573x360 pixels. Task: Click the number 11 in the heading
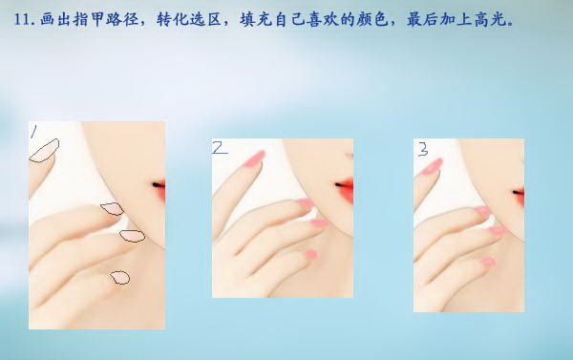coord(22,19)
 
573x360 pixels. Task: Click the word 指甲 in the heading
coord(88,19)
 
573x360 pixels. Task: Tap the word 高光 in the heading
coord(489,19)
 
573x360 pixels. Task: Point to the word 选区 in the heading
coord(205,19)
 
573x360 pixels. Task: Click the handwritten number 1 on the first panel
coord(33,132)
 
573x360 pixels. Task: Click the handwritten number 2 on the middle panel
coord(220,148)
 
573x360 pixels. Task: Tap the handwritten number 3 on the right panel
coord(423,149)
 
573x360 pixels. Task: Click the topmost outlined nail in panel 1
coord(44,151)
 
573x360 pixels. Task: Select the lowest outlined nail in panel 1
coord(120,278)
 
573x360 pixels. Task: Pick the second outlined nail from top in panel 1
coord(112,209)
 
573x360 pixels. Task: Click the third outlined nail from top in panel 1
coord(133,236)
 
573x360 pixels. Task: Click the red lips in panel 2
coord(346,189)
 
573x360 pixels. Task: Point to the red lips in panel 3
coord(520,196)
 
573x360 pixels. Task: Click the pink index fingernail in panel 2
coord(254,159)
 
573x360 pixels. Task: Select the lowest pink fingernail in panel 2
coord(311,254)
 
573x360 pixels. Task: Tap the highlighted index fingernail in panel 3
coord(432,166)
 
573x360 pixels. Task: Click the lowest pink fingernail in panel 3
coord(488,262)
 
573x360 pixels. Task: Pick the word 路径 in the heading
coord(121,19)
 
